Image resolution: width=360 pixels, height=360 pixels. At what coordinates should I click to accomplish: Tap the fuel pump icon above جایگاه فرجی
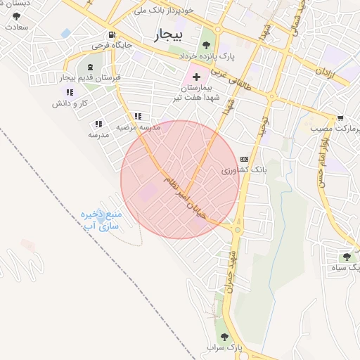[111, 35]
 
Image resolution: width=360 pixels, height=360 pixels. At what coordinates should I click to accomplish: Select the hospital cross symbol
[195, 75]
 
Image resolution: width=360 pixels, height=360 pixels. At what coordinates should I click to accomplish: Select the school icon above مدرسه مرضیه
[137, 116]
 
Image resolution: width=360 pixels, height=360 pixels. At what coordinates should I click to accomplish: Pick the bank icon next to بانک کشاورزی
[244, 159]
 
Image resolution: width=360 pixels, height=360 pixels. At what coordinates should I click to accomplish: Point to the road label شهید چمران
[231, 271]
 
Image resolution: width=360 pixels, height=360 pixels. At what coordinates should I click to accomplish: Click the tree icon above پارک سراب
[225, 337]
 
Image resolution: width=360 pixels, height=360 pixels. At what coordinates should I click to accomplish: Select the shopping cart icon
[340, 117]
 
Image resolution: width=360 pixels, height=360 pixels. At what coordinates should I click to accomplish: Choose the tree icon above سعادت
[16, 15]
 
